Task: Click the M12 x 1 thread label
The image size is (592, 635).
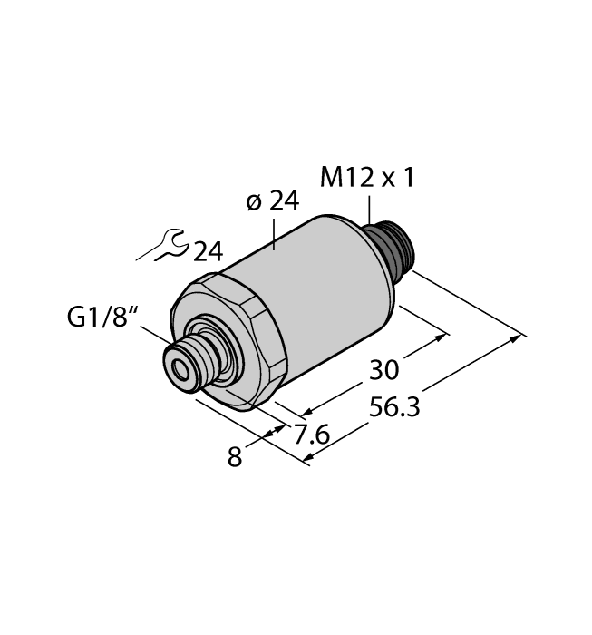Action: pos(367,179)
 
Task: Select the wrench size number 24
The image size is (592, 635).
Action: pos(207,251)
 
